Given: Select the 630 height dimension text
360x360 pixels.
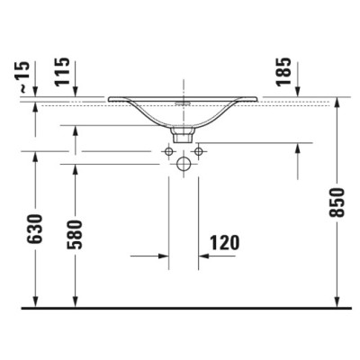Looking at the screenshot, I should [x=35, y=232].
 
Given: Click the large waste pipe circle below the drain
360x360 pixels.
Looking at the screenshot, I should [x=184, y=164].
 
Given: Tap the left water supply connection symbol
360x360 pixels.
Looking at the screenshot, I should [x=168, y=152].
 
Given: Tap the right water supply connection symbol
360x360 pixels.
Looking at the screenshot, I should [x=199, y=152].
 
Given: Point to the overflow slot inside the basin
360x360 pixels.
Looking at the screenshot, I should [x=184, y=103].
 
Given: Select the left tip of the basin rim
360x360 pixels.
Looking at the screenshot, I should [x=110, y=98].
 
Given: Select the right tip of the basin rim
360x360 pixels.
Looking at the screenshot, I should [x=259, y=98].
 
